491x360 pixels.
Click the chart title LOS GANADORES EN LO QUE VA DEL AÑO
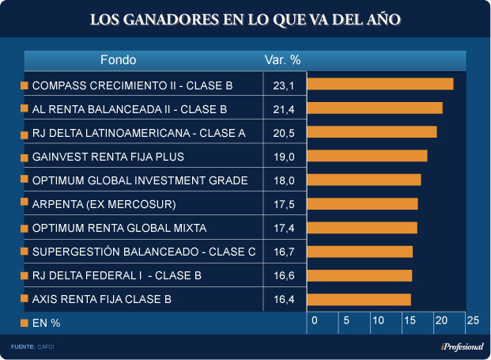click(245, 18)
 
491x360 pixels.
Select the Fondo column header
click(118, 60)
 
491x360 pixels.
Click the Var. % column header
click(282, 60)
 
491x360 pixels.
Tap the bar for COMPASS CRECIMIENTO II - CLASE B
click(380, 84)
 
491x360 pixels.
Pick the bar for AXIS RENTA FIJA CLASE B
click(358, 299)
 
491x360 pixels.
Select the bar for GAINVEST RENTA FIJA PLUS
click(367, 156)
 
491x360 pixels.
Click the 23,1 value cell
click(283, 85)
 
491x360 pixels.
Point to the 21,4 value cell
click(283, 108)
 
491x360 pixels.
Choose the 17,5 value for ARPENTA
click(283, 204)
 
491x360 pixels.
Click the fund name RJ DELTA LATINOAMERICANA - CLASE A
click(138, 133)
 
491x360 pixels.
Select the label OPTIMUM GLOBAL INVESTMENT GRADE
click(140, 180)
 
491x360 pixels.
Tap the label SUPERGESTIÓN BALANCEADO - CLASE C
click(144, 252)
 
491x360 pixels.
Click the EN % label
click(46, 323)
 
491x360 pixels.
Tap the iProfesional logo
click(462, 347)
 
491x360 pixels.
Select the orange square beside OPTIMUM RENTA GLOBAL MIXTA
click(24, 228)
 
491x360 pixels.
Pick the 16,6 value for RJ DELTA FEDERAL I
click(283, 275)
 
